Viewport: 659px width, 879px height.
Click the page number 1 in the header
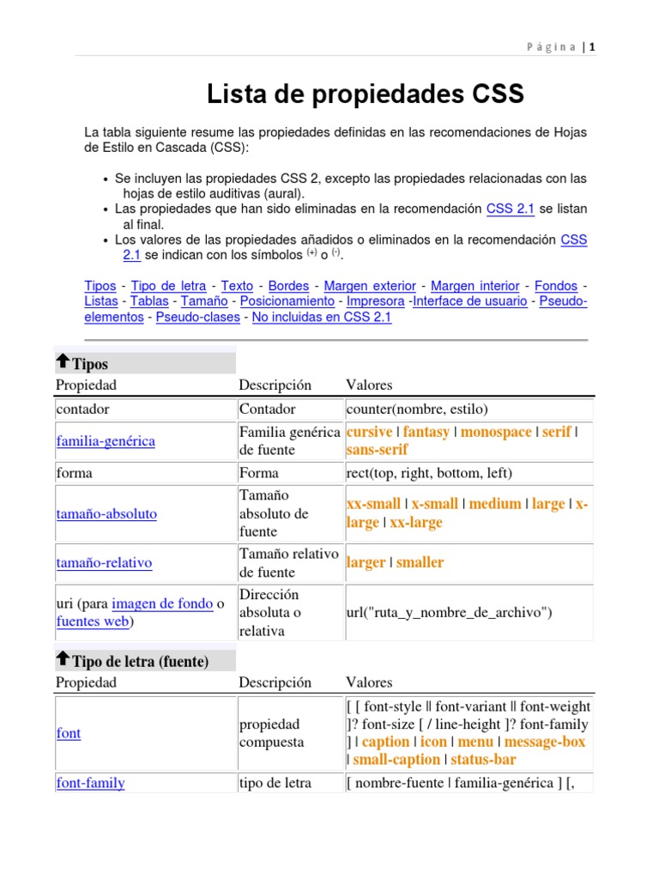point(591,47)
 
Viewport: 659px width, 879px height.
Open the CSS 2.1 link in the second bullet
point(511,209)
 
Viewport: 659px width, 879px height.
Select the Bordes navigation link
point(288,286)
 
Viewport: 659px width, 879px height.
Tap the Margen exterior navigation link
point(370,286)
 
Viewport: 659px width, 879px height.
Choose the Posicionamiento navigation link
point(287,301)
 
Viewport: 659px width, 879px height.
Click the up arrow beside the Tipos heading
point(63,361)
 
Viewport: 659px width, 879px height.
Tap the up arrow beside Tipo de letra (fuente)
point(63,659)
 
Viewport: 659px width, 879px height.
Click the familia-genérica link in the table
point(106,441)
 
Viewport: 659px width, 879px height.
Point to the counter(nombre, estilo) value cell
point(416,409)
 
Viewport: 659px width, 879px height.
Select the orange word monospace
point(496,432)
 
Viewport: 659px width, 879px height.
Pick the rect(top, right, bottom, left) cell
point(429,473)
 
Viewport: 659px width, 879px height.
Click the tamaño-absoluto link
point(106,514)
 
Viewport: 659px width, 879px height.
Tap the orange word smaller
point(420,563)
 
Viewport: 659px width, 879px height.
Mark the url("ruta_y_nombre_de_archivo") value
point(448,613)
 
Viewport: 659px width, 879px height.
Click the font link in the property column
point(69,734)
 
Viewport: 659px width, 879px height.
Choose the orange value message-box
point(545,742)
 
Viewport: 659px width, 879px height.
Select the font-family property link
point(90,783)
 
